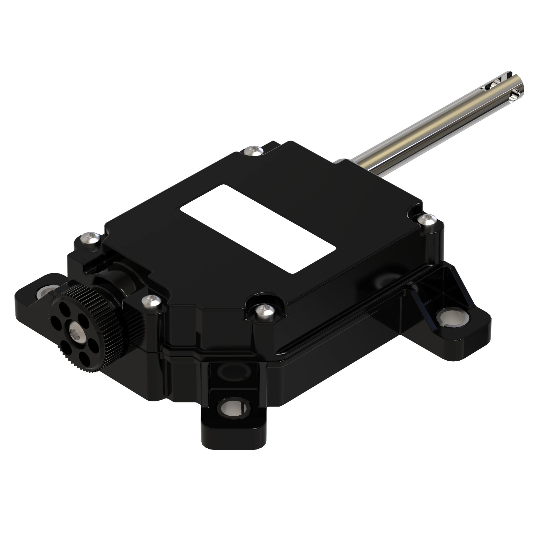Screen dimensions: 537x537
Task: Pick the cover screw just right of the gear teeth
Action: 151,300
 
